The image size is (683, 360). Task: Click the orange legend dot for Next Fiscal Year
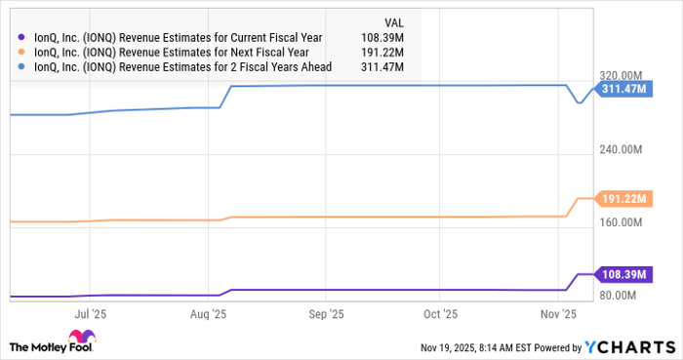(21, 53)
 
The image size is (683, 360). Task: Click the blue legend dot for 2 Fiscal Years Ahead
(21, 66)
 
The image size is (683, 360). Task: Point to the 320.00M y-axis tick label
(622, 76)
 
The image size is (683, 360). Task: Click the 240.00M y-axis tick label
(622, 149)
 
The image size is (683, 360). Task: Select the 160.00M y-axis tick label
(622, 222)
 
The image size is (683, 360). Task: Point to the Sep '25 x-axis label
(326, 314)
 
